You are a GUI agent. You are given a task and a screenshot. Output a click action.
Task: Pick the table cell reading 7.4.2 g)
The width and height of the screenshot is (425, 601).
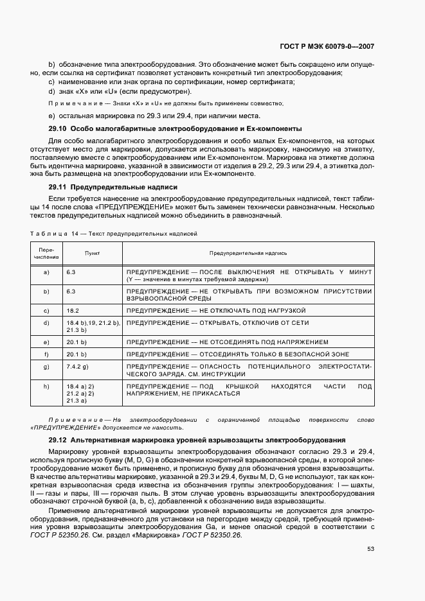click(77, 366)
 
